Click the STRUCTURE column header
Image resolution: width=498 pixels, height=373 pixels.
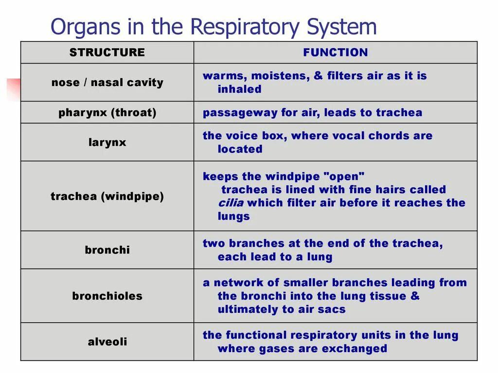coord(107,52)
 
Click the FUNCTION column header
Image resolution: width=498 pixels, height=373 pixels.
coord(336,52)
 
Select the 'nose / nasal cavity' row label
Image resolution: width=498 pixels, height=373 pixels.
coord(107,83)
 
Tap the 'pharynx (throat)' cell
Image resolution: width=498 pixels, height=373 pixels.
coord(107,113)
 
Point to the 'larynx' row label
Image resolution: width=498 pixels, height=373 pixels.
coord(107,143)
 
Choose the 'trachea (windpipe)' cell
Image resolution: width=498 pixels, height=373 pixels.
coord(107,197)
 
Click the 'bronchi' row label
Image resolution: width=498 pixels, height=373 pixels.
coord(107,250)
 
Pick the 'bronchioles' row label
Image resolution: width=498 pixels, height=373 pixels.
coord(107,296)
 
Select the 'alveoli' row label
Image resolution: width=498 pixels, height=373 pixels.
coord(107,342)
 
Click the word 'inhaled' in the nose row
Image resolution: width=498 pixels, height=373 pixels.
coord(239,89)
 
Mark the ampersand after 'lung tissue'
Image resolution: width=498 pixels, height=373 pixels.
coord(415,296)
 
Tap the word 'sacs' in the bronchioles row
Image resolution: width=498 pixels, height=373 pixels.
coord(333,310)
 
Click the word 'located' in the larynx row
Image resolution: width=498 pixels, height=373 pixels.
coord(240,150)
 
